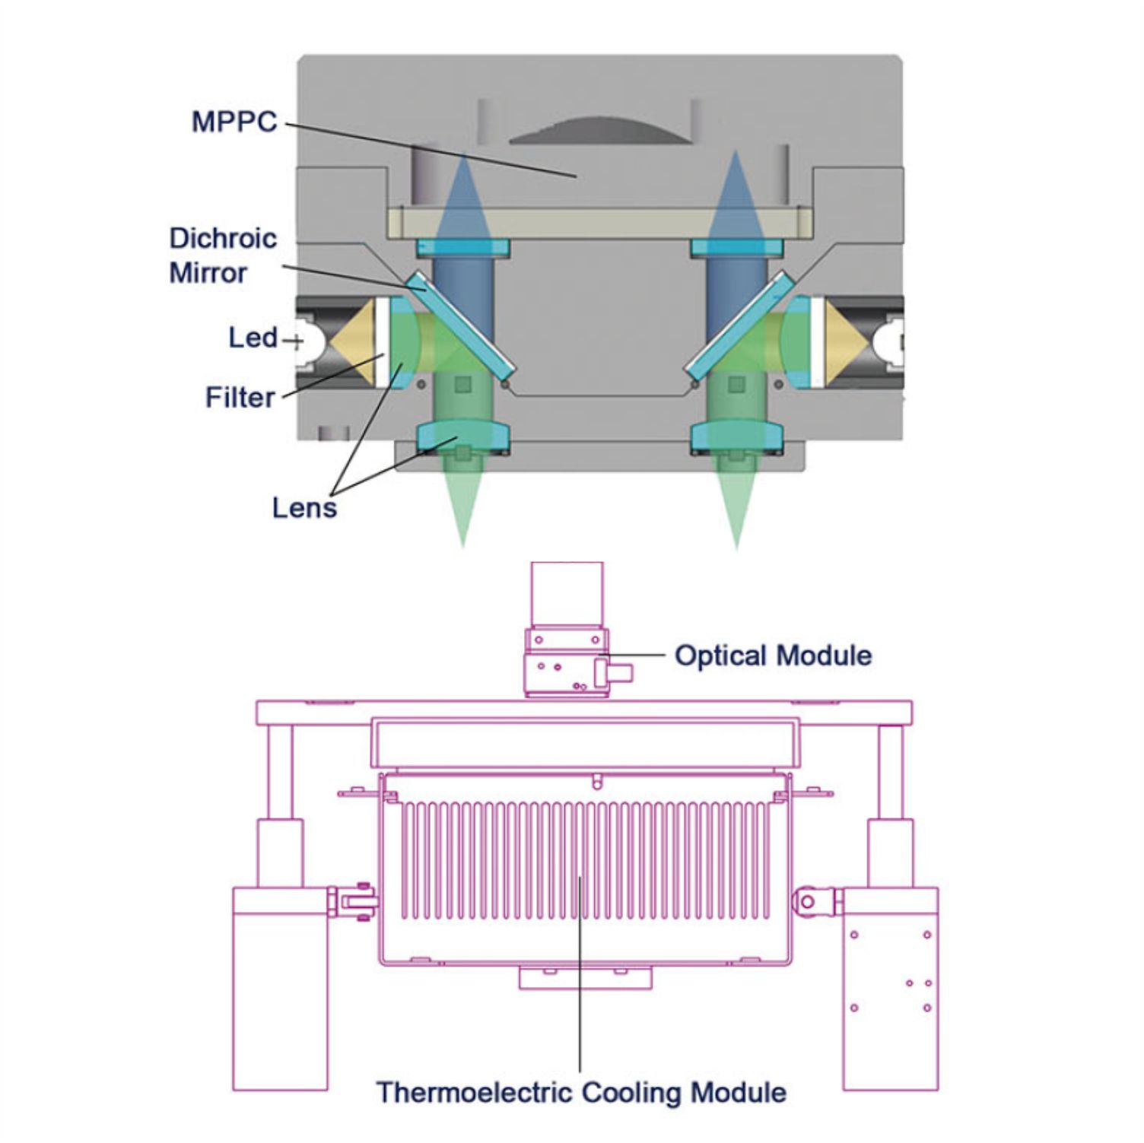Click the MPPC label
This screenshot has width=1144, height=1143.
coord(234,122)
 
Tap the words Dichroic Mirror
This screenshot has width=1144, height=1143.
coord(222,256)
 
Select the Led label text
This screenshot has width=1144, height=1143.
coord(253,338)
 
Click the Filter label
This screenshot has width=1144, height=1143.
coord(240,397)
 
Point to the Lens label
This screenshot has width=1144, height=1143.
coord(304,507)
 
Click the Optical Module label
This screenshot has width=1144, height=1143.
coord(773,656)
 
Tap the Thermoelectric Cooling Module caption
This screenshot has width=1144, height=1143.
coord(581,1093)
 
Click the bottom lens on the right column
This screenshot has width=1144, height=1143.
coord(736,437)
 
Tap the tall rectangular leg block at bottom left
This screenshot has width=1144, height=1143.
coord(280,989)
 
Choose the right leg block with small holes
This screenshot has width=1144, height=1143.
coord(891,989)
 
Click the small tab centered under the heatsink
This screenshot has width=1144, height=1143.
coord(585,978)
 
